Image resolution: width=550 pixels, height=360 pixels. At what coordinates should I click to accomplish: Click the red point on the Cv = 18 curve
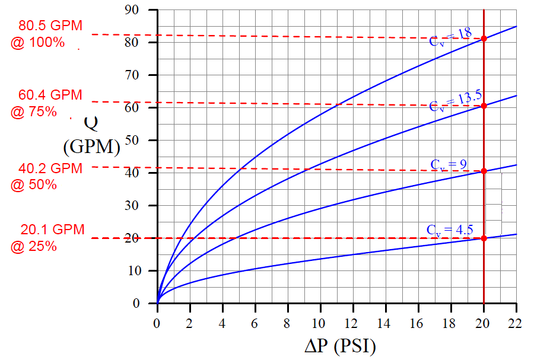point(484,39)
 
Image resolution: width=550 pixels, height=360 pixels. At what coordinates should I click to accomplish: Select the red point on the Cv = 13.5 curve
point(484,106)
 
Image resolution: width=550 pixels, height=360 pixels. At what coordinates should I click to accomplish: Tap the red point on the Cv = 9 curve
point(484,171)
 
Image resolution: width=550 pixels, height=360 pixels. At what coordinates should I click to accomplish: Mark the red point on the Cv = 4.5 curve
point(484,238)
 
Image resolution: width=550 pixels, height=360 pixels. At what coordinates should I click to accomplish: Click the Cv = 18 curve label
point(451,37)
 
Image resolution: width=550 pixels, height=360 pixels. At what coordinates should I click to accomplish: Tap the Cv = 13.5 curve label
point(456,102)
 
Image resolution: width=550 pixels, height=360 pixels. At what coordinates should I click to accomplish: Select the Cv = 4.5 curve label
point(449,230)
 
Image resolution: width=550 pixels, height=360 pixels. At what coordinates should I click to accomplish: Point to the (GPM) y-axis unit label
point(91,146)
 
